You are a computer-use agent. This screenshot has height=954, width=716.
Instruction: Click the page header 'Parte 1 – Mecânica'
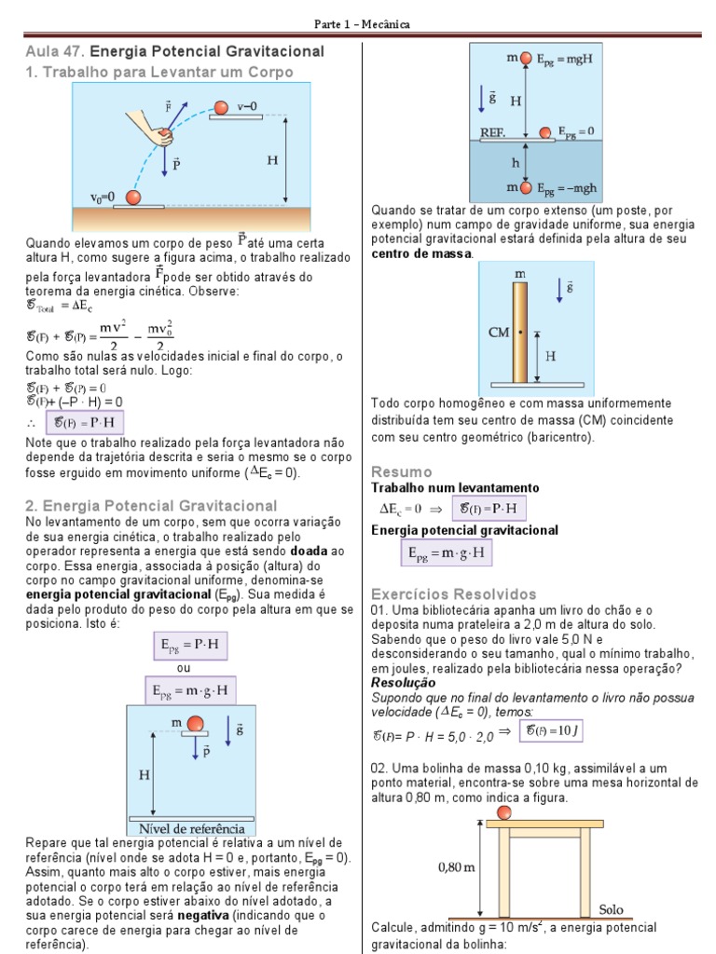(x=358, y=23)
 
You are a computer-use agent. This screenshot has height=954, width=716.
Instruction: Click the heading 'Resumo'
(x=401, y=471)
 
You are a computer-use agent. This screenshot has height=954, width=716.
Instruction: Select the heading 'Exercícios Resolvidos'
(x=453, y=594)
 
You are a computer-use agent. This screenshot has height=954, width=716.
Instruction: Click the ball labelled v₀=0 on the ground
(x=133, y=198)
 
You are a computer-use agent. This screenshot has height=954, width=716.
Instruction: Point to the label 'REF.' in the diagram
(x=493, y=132)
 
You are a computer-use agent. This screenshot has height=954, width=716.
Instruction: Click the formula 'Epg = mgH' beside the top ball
(x=568, y=58)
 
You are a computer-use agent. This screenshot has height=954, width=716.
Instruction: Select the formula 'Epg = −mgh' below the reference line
(x=568, y=187)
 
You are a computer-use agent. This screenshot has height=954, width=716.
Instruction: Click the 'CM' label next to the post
(x=500, y=331)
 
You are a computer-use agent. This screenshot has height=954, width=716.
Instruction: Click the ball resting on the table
(x=504, y=813)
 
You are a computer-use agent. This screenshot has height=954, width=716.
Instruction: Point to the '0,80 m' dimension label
(x=457, y=867)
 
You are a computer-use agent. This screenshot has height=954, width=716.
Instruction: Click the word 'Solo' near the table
(x=611, y=908)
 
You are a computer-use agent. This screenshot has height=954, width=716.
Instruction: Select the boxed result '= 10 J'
(x=554, y=731)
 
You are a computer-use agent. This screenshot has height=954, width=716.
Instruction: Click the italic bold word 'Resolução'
(x=403, y=682)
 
